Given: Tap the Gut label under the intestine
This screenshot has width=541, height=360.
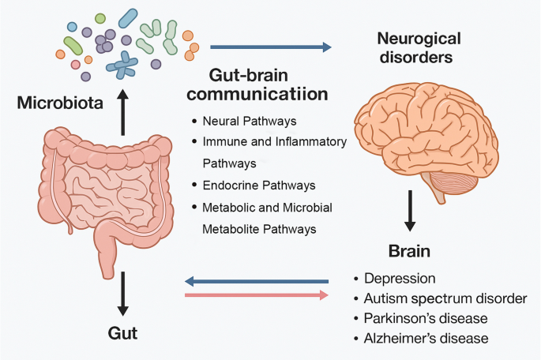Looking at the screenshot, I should tap(122, 332).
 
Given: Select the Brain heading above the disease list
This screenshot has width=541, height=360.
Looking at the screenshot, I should tap(410, 252).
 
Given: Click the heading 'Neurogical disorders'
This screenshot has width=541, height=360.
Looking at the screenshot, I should tap(419, 47).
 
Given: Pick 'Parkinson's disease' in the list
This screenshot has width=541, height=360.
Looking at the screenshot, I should tap(426, 318).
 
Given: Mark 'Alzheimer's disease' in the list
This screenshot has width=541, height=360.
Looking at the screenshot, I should tap(427, 338).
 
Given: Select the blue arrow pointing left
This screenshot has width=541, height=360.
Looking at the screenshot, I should tap(257, 280).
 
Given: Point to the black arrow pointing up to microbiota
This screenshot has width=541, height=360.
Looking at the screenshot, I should tap(123, 113).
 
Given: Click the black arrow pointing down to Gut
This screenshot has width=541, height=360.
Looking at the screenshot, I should tap(123, 292).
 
